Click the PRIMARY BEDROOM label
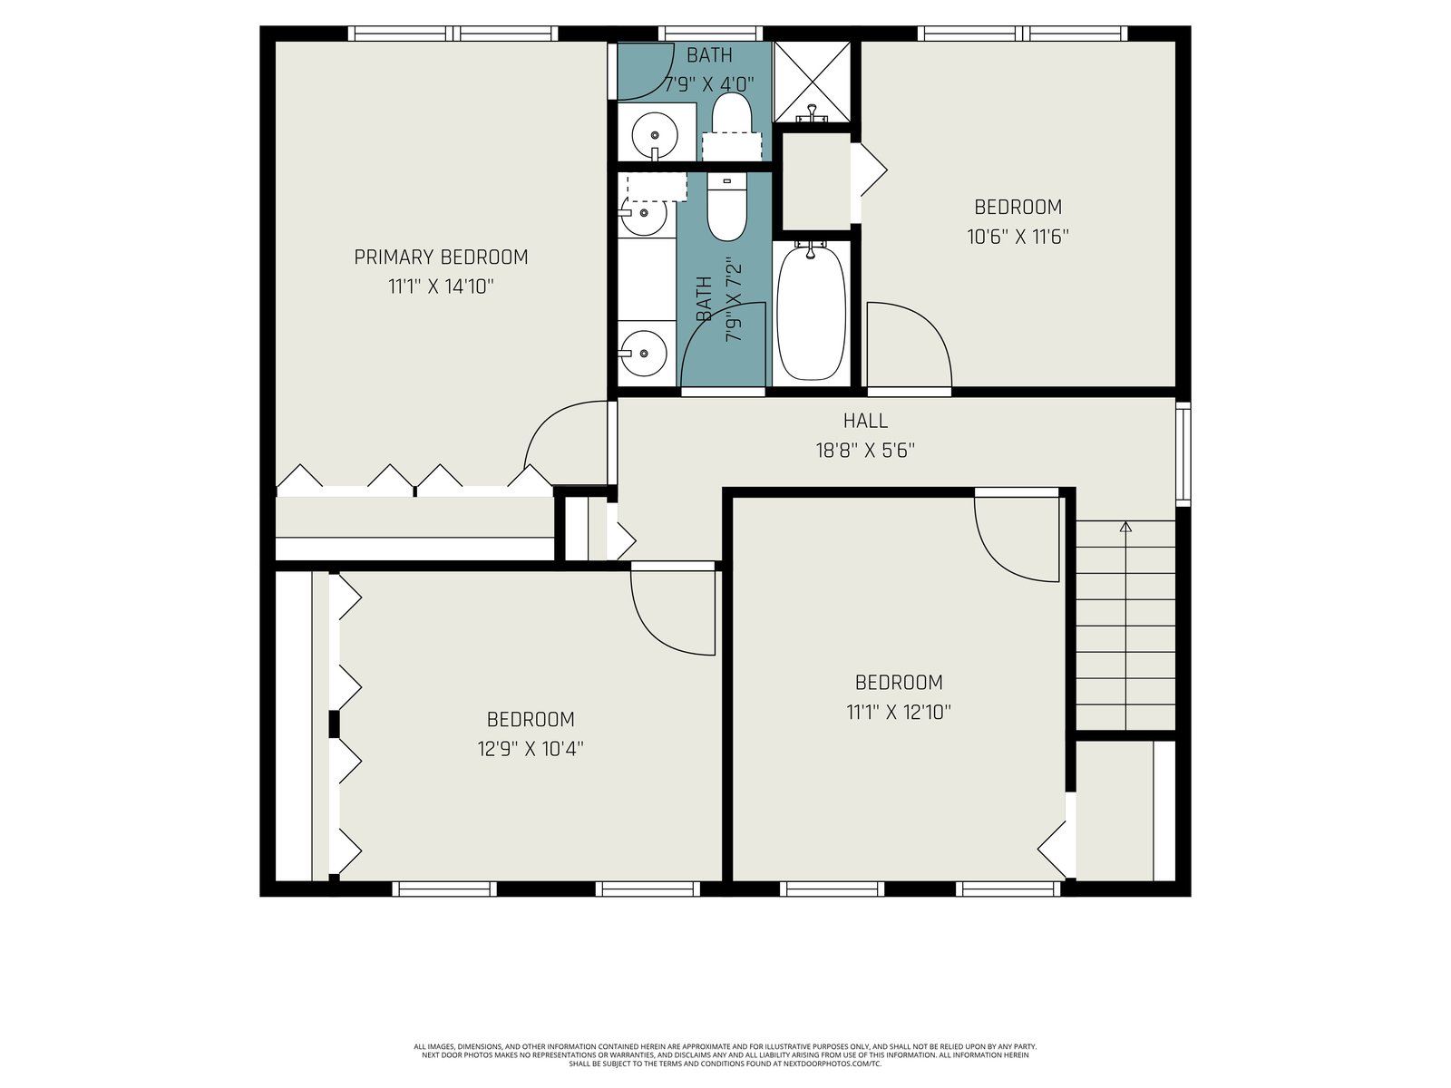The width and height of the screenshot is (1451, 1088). click(x=441, y=257)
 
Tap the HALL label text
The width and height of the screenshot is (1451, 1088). click(x=864, y=421)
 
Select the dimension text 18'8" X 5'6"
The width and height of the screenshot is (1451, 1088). click(x=864, y=451)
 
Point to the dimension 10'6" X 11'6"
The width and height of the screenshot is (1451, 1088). click(x=1018, y=237)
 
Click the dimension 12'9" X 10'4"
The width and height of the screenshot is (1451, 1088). click(x=531, y=749)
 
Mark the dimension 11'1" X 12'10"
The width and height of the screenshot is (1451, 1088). click(x=899, y=712)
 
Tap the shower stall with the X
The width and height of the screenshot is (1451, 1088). click(x=812, y=82)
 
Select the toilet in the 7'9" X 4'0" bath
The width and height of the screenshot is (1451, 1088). click(x=731, y=125)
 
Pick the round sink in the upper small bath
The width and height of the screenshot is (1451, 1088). click(x=655, y=135)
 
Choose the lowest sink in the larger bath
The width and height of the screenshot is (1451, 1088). click(x=643, y=353)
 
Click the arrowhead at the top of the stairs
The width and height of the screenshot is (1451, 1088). click(x=1125, y=527)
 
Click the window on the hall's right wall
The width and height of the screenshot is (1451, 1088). click(x=1183, y=454)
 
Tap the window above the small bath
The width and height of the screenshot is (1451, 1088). click(x=710, y=34)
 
